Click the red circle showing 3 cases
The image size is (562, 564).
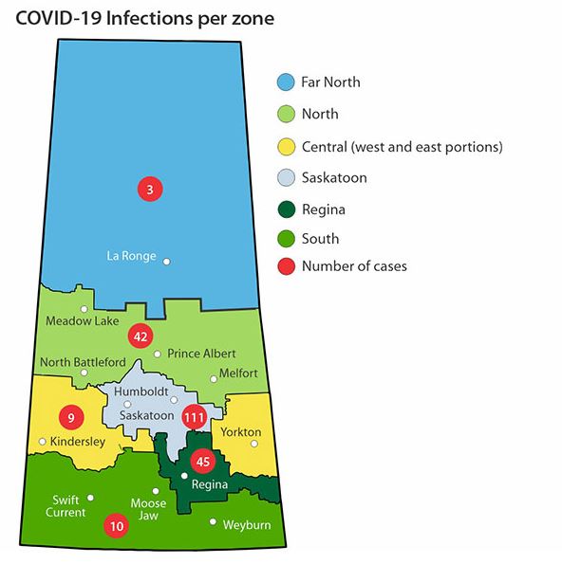pos(150,189)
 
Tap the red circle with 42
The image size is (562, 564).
pos(140,336)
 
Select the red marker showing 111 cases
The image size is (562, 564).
pos(195,416)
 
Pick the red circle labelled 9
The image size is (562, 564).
pos(69,416)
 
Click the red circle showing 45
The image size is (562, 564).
pos(201,462)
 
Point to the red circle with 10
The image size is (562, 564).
pos(117,525)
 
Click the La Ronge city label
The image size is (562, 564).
pos(131,255)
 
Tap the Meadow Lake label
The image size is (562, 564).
pos(84,321)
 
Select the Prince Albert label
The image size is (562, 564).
pos(201,354)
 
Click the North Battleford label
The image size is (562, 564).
pos(83,362)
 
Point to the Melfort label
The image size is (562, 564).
pos(237,373)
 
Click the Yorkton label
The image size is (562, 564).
pos(240,432)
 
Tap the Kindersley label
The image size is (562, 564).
pos(77,442)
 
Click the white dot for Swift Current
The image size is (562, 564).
pos(90,498)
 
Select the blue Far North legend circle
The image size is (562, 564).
pos(284,82)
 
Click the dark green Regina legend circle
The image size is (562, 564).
pos(284,209)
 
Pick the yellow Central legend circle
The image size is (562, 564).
pos(284,146)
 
